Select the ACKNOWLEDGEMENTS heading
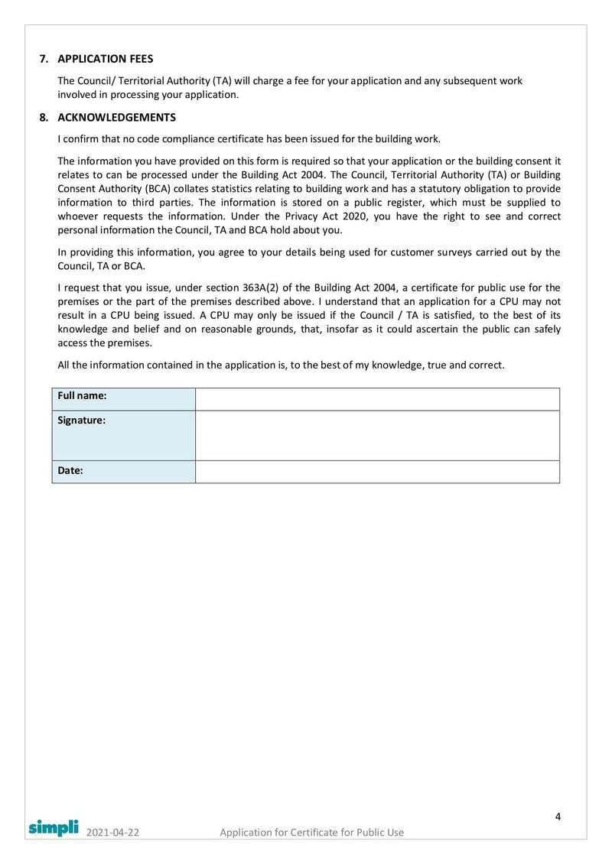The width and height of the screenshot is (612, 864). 116,118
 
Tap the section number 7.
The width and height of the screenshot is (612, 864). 43,59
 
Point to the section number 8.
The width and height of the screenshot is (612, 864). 43,118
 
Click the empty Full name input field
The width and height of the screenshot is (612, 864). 377,399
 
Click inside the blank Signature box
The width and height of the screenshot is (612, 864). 377,435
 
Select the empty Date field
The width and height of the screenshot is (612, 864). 377,472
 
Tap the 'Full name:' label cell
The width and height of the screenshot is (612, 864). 123,399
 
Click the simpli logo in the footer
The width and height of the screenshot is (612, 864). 54,827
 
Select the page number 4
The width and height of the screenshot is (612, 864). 558,817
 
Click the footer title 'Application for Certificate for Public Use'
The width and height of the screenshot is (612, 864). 311,832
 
